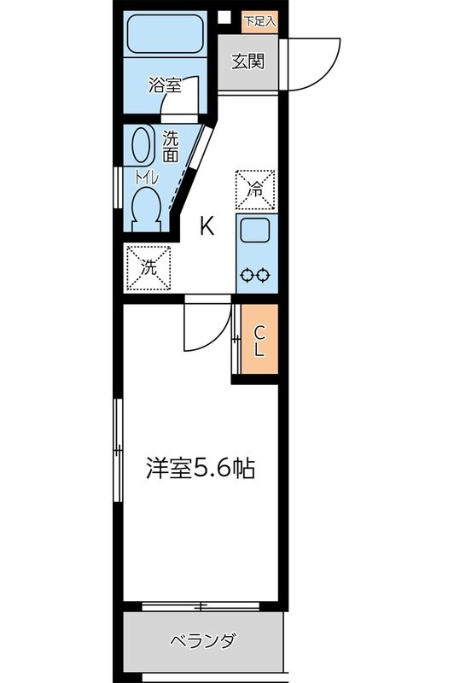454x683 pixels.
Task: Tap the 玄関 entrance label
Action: point(247,61)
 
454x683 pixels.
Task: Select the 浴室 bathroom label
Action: point(163,85)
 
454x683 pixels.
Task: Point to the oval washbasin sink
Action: point(142,145)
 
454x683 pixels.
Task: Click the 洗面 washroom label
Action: point(171,146)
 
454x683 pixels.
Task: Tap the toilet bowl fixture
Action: point(147,207)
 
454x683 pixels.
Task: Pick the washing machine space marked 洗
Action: point(148,267)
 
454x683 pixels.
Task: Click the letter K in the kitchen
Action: point(207,226)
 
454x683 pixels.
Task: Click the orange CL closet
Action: point(259,341)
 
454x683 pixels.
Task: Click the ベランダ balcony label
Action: point(201,640)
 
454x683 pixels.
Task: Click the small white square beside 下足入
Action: point(225,18)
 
